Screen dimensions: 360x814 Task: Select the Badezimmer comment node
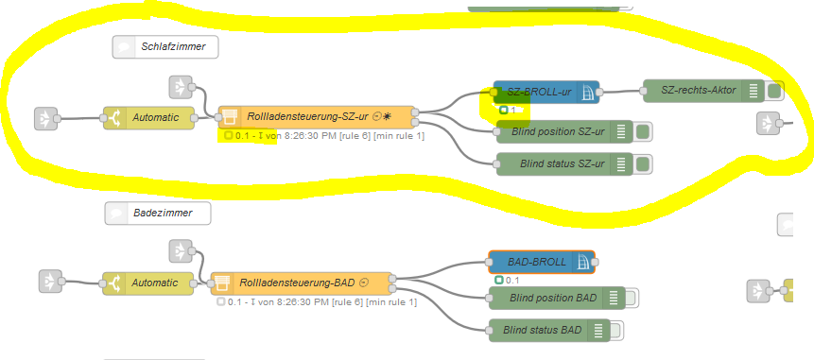157,214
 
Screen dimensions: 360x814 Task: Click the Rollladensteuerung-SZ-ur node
317,117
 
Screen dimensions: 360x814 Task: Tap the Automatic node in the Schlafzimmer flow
147,117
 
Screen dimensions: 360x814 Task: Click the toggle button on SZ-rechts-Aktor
774,91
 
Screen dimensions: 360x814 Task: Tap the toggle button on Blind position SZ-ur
643,131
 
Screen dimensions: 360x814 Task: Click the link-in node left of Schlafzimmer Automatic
45,117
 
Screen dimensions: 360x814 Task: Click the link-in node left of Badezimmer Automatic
49,283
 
